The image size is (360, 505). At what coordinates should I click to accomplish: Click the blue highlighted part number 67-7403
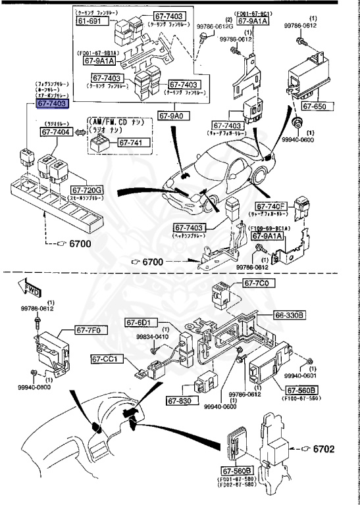[x=51, y=104]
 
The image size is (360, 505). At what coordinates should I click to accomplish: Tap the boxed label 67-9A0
[x=173, y=115]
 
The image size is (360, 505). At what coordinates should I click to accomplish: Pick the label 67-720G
[x=88, y=190]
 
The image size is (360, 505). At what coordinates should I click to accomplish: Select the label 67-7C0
[x=257, y=283]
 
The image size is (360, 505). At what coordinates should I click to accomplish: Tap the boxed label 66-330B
[x=289, y=316]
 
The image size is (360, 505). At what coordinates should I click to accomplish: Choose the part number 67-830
[x=179, y=400]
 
